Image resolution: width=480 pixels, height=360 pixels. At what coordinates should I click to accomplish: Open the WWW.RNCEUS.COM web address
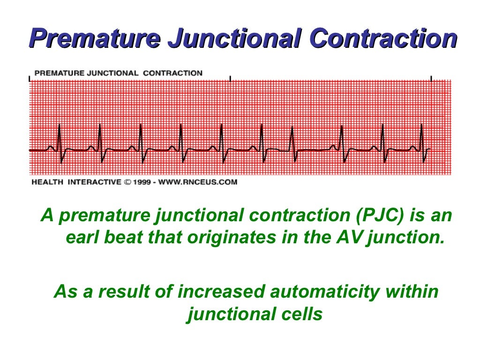coord(198,182)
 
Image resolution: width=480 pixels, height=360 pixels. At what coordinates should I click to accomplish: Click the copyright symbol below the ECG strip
coord(127,182)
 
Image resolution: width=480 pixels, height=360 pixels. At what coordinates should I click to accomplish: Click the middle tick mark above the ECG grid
coord(230,78)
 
